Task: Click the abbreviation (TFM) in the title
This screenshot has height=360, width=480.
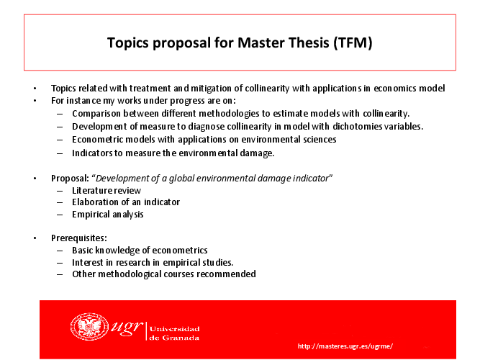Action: [x=353, y=42]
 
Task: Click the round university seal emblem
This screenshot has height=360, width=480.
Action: [x=89, y=326]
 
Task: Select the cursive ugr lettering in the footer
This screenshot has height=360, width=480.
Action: [x=127, y=327]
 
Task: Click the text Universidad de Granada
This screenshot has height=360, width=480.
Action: [x=174, y=333]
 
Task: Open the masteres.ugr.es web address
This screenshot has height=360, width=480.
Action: [x=345, y=346]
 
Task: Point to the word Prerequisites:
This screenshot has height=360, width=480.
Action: [x=79, y=238]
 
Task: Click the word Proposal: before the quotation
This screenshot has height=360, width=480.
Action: [x=70, y=179]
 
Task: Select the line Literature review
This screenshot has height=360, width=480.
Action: [x=107, y=191]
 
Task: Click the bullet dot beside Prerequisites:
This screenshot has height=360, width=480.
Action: [x=35, y=238]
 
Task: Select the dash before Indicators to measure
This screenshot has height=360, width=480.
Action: [x=60, y=153]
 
